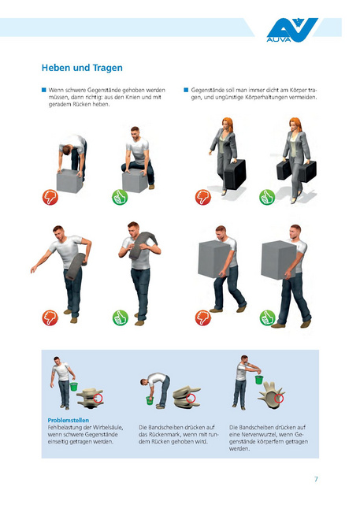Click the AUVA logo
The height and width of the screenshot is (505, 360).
[291, 30]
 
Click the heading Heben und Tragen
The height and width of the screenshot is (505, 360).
[82, 68]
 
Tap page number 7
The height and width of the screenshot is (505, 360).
[316, 479]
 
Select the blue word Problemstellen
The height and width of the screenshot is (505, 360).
[69, 420]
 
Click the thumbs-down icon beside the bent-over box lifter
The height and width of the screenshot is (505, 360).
[50, 197]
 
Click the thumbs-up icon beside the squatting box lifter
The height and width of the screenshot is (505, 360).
[120, 197]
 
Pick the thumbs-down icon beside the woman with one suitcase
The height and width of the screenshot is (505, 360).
[203, 197]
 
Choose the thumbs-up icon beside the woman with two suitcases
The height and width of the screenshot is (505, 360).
[267, 197]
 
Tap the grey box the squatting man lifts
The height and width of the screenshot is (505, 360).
[135, 180]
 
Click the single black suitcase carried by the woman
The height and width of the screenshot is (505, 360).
[235, 174]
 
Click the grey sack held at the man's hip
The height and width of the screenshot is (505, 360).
[76, 266]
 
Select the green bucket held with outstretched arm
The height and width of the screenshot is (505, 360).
[259, 379]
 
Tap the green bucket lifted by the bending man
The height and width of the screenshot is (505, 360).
[150, 400]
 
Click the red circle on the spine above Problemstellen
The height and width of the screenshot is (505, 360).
[98, 399]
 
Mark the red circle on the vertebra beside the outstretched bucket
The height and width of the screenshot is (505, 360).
[279, 399]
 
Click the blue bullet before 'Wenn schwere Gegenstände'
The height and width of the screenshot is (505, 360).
[44, 90]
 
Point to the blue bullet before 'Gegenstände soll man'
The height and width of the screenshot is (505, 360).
[186, 90]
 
